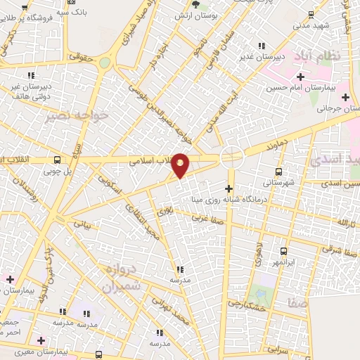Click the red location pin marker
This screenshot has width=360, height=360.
pos(181,165)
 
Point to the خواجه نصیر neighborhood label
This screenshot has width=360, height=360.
pos(77,116)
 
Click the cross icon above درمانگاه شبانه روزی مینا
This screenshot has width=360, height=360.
pos(229,188)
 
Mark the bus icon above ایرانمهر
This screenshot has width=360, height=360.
pos(283,251)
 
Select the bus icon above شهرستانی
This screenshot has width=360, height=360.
pos(279,172)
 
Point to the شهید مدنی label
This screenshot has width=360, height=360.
pos(307,25)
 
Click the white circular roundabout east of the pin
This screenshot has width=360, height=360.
pos(232,156)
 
